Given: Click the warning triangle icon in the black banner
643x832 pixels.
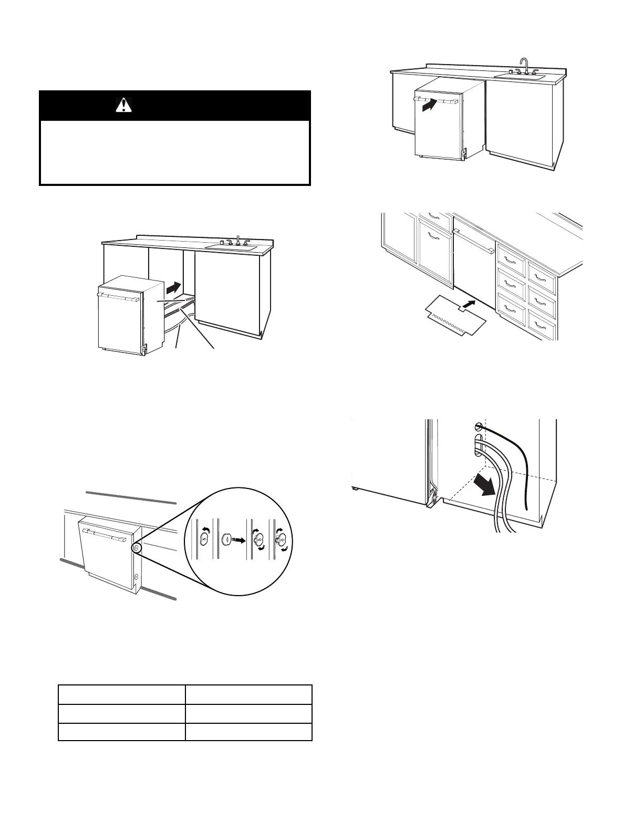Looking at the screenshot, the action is click(123, 106).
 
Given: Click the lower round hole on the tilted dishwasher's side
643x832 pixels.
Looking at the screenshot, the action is click(137, 577).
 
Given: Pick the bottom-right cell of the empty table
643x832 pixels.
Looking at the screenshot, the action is click(248, 732).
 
